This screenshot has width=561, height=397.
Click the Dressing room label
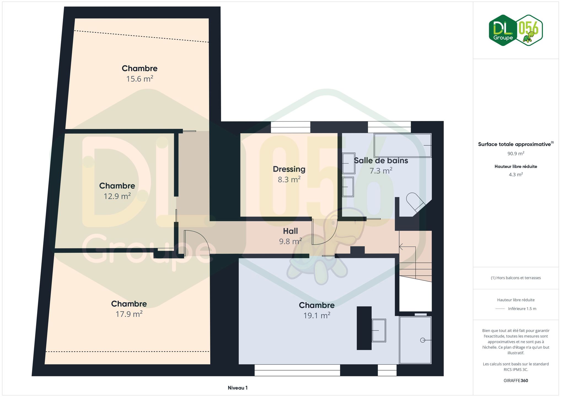tap(289, 169)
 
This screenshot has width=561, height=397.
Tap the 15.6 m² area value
tap(139, 79)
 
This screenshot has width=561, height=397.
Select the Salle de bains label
tap(381, 160)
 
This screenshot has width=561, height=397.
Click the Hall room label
tap(290, 231)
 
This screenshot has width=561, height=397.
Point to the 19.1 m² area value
tap(317, 315)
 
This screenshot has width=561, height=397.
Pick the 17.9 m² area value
tap(129, 314)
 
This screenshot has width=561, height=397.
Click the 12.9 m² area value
tap(117, 196)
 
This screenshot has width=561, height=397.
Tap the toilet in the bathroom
tap(415, 202)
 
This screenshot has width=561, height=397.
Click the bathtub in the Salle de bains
tap(402, 145)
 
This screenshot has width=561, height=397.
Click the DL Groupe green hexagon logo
tap(503, 30)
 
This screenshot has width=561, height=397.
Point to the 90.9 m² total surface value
tap(516, 154)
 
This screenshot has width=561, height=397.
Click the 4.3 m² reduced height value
tap(516, 175)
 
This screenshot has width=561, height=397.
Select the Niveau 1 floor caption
tap(238, 388)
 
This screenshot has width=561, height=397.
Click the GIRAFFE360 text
tap(516, 380)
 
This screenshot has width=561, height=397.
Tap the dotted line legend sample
tap(500, 309)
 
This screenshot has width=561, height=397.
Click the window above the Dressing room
tap(291, 127)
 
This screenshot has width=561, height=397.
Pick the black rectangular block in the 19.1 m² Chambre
tap(364, 328)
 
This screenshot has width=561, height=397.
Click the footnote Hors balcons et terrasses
tap(516, 278)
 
